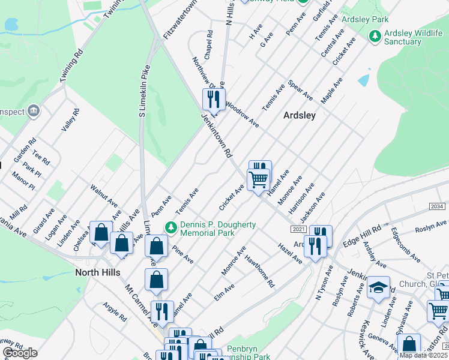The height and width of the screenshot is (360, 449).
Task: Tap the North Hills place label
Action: click(98, 272)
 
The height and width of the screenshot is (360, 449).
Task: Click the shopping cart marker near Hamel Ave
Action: click(259, 179)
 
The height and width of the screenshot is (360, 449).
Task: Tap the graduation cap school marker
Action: click(379, 287)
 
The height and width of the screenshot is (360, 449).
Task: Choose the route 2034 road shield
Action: click(438, 206)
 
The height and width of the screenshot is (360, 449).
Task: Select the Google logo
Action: click(20, 353)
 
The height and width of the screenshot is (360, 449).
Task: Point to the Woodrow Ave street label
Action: click(242, 114)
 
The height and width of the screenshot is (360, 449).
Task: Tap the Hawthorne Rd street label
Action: click(259, 271)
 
